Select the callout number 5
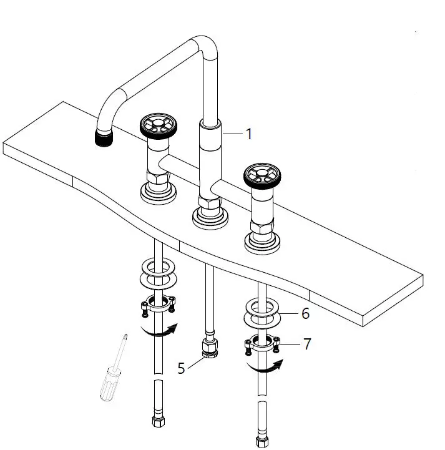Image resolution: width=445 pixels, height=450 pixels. [x=181, y=368]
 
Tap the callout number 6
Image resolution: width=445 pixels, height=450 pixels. [x=305, y=313]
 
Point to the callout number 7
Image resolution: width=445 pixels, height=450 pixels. [x=307, y=343]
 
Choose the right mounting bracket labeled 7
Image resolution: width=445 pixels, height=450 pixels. [x=262, y=345]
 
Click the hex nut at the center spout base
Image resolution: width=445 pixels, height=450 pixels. [x=208, y=202]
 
